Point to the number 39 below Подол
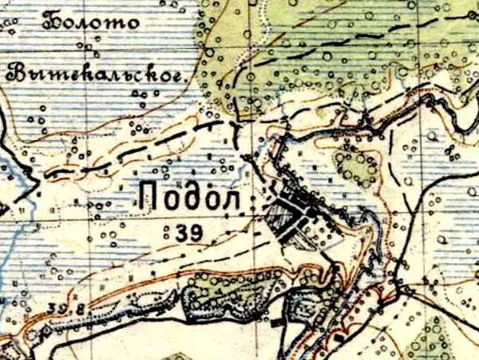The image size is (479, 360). coord(187,232)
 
